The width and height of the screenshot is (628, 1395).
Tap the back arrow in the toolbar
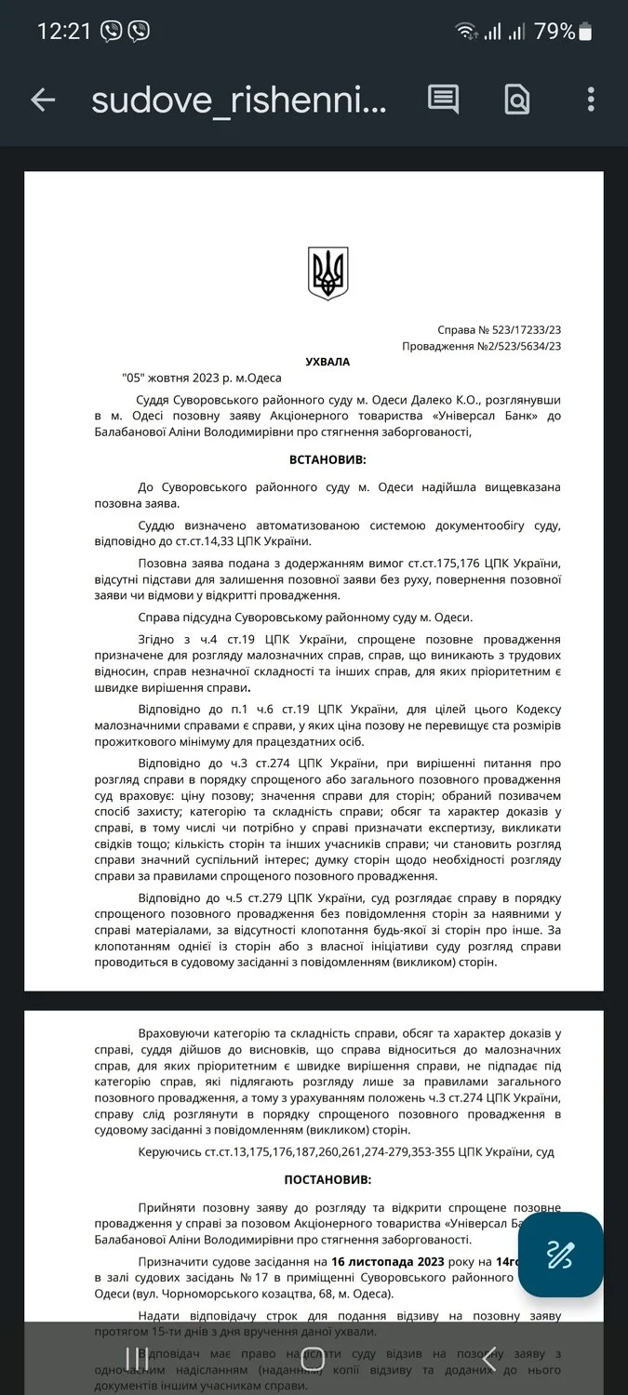[x=43, y=100]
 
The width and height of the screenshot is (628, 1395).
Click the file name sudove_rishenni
[x=238, y=100]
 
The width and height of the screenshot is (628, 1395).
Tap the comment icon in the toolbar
[x=443, y=99]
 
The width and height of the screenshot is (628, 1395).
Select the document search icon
[x=516, y=99]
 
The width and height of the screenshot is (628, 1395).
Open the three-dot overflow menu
[x=591, y=99]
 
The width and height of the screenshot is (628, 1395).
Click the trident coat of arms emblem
[x=327, y=273]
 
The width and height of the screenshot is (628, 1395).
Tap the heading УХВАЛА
[x=327, y=362]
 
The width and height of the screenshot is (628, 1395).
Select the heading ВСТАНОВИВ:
[x=327, y=459]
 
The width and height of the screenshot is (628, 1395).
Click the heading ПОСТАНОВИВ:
[x=327, y=1178]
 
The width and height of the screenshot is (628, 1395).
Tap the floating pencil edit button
[x=560, y=1255]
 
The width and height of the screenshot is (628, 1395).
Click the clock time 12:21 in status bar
[x=63, y=31]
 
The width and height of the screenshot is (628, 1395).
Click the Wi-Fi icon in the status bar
[x=465, y=32]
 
